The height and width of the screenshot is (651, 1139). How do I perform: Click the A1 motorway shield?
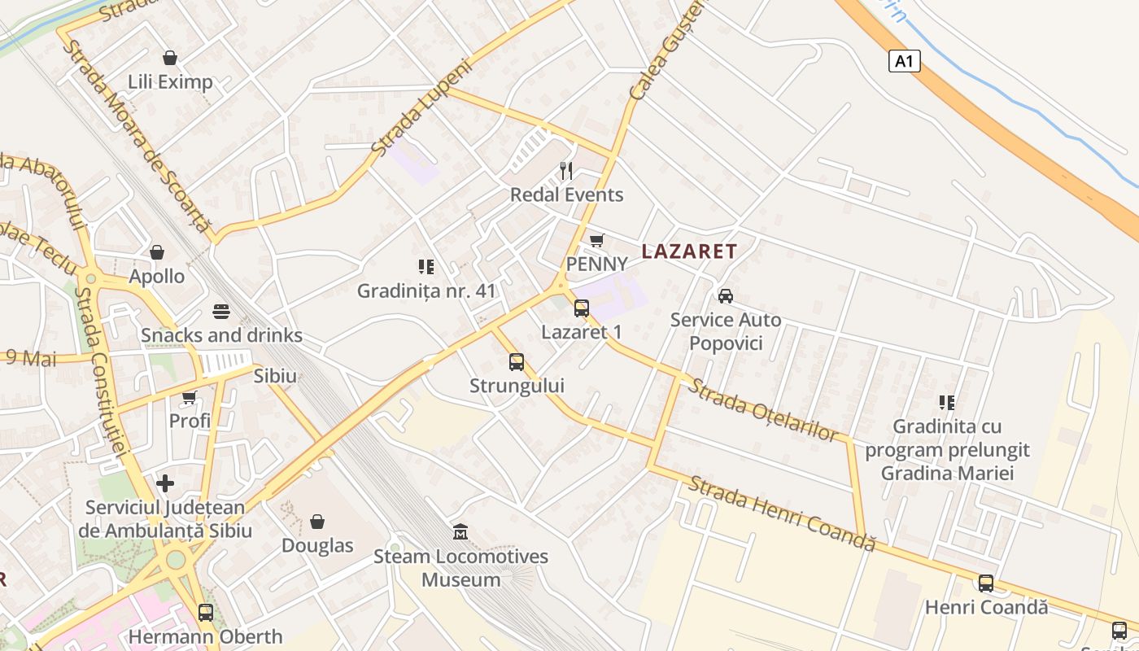click(905, 61)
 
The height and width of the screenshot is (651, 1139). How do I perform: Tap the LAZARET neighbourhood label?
click(689, 251)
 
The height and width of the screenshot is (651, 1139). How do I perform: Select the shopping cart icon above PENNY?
click(597, 240)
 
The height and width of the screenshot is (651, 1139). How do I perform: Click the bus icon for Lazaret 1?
click(582, 308)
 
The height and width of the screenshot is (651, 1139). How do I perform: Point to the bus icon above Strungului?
click(517, 362)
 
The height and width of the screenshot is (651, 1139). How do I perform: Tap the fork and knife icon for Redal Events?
click(566, 171)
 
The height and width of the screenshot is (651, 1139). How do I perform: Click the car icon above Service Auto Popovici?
click(725, 295)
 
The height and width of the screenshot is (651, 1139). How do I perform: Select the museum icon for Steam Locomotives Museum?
click(460, 532)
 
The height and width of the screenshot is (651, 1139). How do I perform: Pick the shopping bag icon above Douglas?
click(317, 521)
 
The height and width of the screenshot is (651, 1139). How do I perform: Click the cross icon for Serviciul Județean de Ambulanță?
click(165, 483)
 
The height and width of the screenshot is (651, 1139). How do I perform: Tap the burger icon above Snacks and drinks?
click(221, 312)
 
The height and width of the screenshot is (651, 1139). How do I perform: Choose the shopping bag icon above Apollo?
click(157, 252)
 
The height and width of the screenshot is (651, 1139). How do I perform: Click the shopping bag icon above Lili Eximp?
click(170, 58)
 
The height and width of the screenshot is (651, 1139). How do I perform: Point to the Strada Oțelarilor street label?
click(762, 409)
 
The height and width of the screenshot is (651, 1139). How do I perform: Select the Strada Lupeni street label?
click(421, 107)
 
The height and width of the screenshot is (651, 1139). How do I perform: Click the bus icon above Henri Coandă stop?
click(986, 583)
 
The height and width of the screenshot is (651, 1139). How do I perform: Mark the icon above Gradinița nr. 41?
click(425, 267)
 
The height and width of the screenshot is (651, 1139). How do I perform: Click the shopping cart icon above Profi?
click(190, 397)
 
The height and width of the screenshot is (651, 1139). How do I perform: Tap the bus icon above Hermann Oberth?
click(206, 612)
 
